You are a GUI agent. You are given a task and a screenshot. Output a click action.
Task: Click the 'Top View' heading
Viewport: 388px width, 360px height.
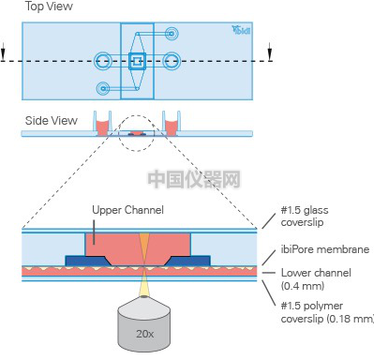point(49,7)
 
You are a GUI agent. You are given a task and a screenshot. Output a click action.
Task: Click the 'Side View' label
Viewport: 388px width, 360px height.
point(52,121)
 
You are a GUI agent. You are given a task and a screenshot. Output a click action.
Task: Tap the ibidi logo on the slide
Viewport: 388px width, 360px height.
point(241,30)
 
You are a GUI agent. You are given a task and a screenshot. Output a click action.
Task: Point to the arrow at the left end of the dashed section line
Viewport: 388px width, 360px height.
point(3,52)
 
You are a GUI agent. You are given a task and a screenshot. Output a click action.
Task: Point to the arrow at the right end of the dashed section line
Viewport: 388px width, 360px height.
point(270,52)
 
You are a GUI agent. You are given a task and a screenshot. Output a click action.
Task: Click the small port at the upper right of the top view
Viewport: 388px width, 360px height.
point(172,33)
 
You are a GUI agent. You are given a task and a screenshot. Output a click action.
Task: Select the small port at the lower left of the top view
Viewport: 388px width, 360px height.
point(103,89)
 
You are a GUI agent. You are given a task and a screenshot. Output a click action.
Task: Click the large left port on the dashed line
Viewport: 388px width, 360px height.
point(103,61)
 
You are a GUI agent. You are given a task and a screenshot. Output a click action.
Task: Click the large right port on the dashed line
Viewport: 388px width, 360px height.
point(172,61)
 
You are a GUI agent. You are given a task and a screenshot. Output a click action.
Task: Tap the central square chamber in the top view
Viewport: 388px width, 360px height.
point(137,61)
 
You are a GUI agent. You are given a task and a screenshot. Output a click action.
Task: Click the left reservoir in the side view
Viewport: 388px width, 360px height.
point(102,124)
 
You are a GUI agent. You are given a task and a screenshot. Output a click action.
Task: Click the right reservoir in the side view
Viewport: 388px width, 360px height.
point(172,124)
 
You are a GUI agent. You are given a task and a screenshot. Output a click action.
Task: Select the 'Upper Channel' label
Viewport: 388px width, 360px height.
point(127,210)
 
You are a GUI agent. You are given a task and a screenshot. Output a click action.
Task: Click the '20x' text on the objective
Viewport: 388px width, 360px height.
point(144,334)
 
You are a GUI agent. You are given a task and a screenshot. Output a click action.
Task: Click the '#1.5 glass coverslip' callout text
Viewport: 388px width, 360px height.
point(305,217)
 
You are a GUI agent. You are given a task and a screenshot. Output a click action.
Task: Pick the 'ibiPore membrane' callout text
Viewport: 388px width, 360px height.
point(325,249)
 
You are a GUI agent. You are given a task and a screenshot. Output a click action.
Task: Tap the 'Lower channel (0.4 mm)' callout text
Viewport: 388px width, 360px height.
point(316,279)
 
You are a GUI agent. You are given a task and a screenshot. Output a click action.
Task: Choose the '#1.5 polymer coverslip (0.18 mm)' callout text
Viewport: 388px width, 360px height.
point(327,312)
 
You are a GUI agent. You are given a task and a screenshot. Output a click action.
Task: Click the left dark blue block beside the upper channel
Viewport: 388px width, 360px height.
point(87,261)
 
